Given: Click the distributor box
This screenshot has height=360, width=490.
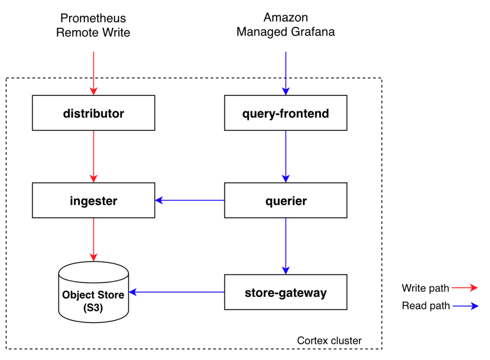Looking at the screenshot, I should (x=93, y=113).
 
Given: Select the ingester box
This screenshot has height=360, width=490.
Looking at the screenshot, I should (x=93, y=201).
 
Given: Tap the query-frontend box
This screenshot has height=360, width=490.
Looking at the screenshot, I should (x=286, y=113).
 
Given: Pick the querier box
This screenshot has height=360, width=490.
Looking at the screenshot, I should (x=286, y=201).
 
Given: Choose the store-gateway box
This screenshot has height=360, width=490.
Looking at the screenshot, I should (x=286, y=292).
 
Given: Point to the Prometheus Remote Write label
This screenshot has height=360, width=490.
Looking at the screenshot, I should (x=93, y=25).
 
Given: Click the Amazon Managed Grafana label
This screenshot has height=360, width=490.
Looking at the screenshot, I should (x=286, y=25).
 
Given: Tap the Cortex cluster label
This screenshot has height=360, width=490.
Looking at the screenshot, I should (x=329, y=340).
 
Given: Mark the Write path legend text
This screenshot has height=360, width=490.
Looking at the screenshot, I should (x=425, y=288).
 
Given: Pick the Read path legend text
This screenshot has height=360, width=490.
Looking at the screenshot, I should (x=425, y=306).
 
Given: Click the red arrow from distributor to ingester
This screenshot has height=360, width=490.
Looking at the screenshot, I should (x=93, y=156).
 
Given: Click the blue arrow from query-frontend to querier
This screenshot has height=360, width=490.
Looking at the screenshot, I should (x=286, y=156).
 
